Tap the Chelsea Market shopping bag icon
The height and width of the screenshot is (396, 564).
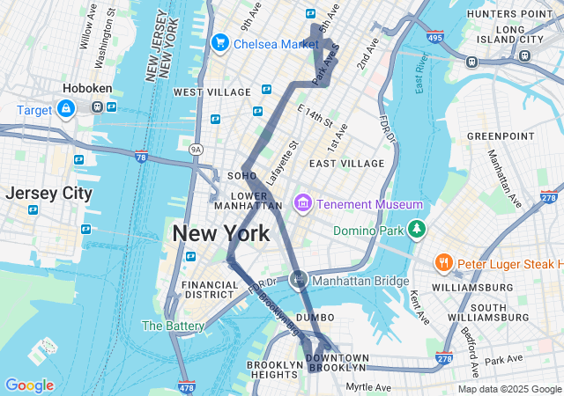click(x=219, y=42)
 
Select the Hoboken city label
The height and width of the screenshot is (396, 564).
click(x=85, y=89)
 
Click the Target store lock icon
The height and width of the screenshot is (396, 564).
click(x=66, y=108)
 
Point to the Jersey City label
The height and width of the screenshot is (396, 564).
click(x=48, y=193)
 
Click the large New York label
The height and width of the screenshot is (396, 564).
click(x=220, y=233)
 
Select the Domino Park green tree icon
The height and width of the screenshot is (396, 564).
click(x=416, y=231)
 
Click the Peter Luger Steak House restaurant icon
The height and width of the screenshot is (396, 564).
click(x=443, y=263)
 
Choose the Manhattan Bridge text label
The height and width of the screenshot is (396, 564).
click(x=361, y=281)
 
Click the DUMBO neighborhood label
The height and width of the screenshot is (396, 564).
click(x=315, y=317)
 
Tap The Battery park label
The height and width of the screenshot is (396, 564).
click(x=173, y=325)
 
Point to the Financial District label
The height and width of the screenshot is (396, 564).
click(x=210, y=290)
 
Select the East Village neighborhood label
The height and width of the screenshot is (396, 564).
click(x=346, y=164)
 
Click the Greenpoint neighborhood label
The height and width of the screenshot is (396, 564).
click(x=500, y=136)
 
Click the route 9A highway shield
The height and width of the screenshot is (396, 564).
click(x=196, y=150)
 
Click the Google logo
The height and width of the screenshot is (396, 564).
click(x=29, y=385)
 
